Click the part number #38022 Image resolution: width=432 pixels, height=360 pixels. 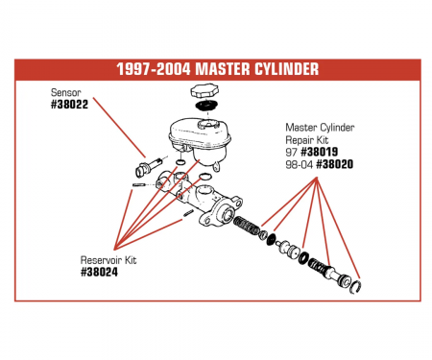click(70, 105)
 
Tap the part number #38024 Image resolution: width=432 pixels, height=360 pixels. click(101, 273)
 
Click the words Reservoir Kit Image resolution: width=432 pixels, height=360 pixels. click(107, 260)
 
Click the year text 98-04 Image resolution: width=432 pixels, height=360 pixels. click(299, 164)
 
